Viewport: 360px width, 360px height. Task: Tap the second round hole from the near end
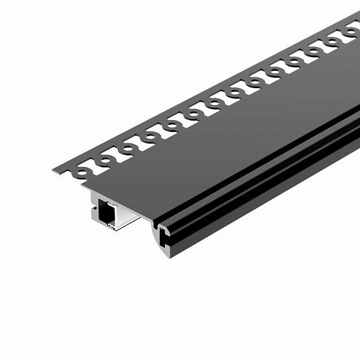coord(105,160)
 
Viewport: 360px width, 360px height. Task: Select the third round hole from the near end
coord(128,148)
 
